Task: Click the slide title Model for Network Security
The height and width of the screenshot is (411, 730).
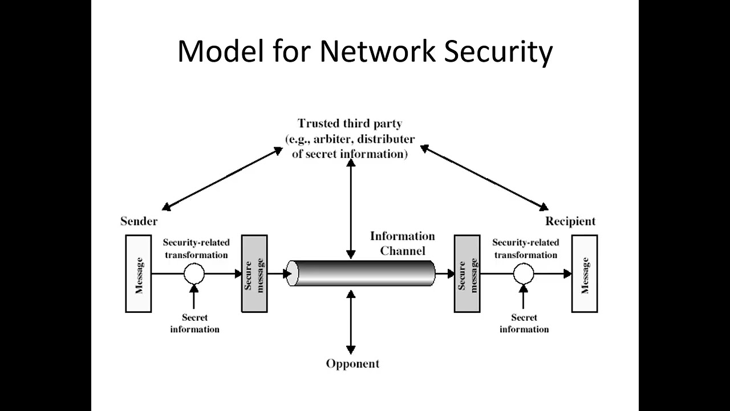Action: coord(365,51)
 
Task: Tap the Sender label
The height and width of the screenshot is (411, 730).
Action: coord(139,221)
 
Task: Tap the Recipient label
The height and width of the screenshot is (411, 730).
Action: coord(570,221)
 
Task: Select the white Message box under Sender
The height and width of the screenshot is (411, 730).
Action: coord(139,274)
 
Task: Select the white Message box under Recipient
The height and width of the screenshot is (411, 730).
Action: coord(585,274)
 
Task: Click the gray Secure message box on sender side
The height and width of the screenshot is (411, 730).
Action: coord(254,274)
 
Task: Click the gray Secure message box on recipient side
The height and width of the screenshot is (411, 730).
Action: coord(467,274)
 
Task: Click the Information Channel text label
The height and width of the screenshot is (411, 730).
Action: coord(402,243)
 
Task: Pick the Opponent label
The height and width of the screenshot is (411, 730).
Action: coord(352,364)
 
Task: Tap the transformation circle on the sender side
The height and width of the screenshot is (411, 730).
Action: coord(194,274)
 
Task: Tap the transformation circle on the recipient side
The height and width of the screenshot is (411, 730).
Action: coord(523,274)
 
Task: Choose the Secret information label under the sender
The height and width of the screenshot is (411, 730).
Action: coord(194,323)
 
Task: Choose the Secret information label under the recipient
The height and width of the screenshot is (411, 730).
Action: coord(524,323)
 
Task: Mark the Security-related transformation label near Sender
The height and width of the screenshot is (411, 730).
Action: coord(196,248)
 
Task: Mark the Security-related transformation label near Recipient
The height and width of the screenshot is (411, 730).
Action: coord(525,248)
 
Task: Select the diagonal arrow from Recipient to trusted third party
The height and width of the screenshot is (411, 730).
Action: coord(484,178)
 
